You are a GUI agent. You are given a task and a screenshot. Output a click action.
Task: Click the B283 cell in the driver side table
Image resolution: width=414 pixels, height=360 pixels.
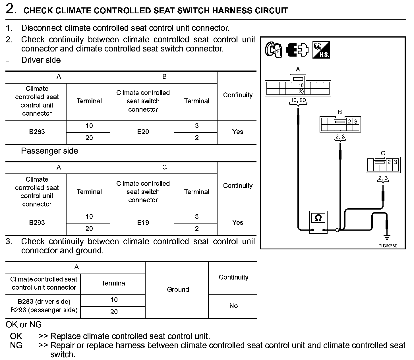(x=37, y=132)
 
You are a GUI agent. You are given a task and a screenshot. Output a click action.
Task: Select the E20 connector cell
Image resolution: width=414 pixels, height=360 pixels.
(x=143, y=132)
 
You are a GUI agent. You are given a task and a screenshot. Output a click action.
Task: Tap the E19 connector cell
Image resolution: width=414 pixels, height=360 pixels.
(x=143, y=222)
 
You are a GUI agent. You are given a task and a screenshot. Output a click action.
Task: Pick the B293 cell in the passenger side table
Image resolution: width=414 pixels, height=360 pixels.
(x=37, y=222)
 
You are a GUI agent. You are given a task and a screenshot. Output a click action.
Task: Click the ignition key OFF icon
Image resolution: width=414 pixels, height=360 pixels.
(x=273, y=50)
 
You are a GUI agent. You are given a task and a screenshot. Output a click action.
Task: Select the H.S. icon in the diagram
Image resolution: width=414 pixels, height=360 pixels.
(x=321, y=50)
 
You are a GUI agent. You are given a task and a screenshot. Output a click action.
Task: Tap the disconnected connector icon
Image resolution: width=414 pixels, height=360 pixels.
(x=297, y=50)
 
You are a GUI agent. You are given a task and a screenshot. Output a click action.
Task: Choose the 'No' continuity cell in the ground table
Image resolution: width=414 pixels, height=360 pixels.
(x=233, y=306)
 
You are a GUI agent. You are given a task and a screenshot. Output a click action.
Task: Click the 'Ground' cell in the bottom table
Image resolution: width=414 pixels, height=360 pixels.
(x=178, y=289)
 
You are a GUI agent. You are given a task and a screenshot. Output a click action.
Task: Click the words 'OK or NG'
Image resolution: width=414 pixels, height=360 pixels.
(x=24, y=324)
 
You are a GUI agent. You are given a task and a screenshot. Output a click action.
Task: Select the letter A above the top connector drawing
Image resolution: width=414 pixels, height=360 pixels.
(x=298, y=69)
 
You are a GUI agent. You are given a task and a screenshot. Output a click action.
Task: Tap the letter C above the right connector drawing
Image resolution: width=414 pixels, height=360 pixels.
(x=383, y=153)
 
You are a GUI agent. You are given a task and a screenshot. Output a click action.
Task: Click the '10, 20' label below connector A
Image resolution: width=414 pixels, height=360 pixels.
(x=298, y=100)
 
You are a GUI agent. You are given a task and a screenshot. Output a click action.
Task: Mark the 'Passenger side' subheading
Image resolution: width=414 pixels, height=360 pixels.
(x=49, y=151)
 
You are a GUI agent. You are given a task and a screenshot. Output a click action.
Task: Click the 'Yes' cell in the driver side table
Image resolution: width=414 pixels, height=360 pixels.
(x=237, y=132)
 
